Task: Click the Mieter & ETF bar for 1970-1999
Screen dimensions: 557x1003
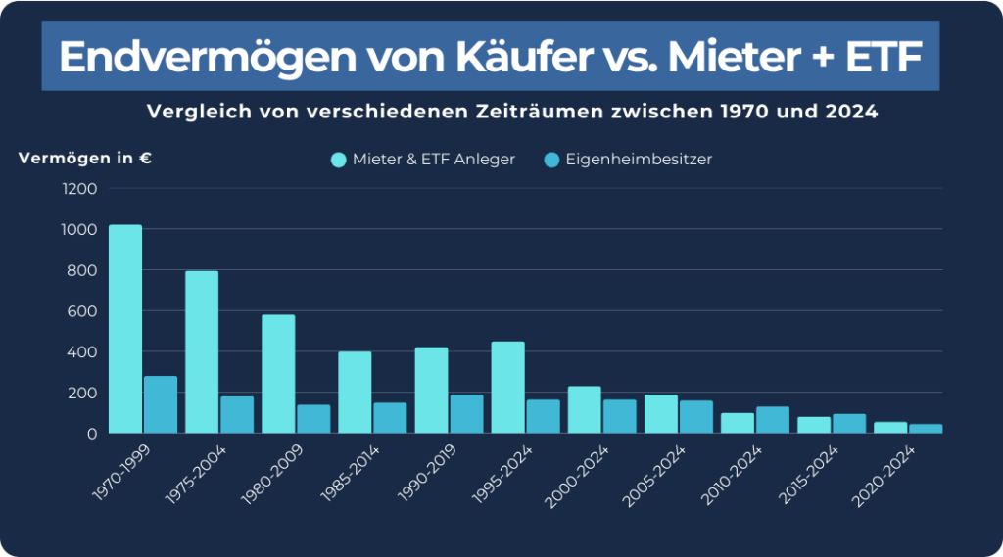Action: coord(125,329)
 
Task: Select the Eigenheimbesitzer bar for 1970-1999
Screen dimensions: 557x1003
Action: coord(161,404)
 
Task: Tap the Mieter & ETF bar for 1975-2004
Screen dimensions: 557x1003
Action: coord(202,351)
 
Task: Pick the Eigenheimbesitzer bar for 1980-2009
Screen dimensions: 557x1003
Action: coord(313,419)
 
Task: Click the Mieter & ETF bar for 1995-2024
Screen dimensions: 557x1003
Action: coord(507,387)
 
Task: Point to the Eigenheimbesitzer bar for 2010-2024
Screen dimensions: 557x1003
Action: coord(773,420)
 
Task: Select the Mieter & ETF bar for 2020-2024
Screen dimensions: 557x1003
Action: coord(890,428)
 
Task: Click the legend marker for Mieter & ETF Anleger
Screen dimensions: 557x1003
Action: coord(339,160)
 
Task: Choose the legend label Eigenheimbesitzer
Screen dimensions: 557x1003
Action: coord(639,160)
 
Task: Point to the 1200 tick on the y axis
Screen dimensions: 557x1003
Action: coord(79,188)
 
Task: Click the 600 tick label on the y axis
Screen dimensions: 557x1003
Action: coord(83,311)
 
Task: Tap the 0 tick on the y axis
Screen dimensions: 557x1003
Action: coord(92,434)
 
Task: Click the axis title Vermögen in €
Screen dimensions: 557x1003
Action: coord(84,158)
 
